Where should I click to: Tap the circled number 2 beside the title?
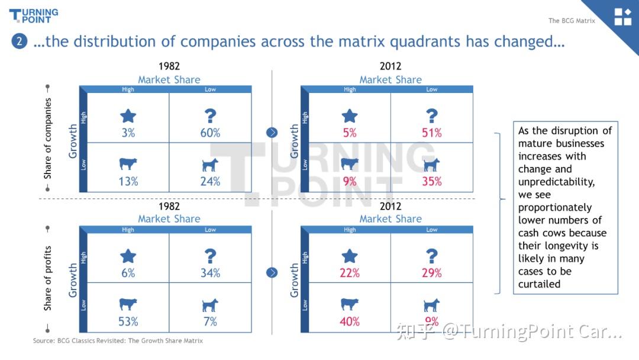pos(19,41)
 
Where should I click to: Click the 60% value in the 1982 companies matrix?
pos(210,133)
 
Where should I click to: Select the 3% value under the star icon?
pos(128,133)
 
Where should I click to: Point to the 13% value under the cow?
pos(128,182)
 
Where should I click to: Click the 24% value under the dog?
pos(210,182)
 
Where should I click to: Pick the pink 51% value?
pos(432,133)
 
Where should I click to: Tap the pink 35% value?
pos(432,182)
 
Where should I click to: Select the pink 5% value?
pos(350,133)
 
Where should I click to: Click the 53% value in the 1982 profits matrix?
pos(128,322)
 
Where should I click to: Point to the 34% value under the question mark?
pos(210,273)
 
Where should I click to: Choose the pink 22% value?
pos(350,273)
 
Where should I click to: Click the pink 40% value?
pos(350,322)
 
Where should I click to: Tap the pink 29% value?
pos(432,273)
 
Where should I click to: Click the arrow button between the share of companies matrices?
pos(272,132)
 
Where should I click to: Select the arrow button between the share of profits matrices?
pos(272,272)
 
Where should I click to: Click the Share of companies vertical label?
pos(48,139)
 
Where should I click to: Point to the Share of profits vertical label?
pos(48,278)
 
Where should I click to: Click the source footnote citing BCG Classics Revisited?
pos(118,340)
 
